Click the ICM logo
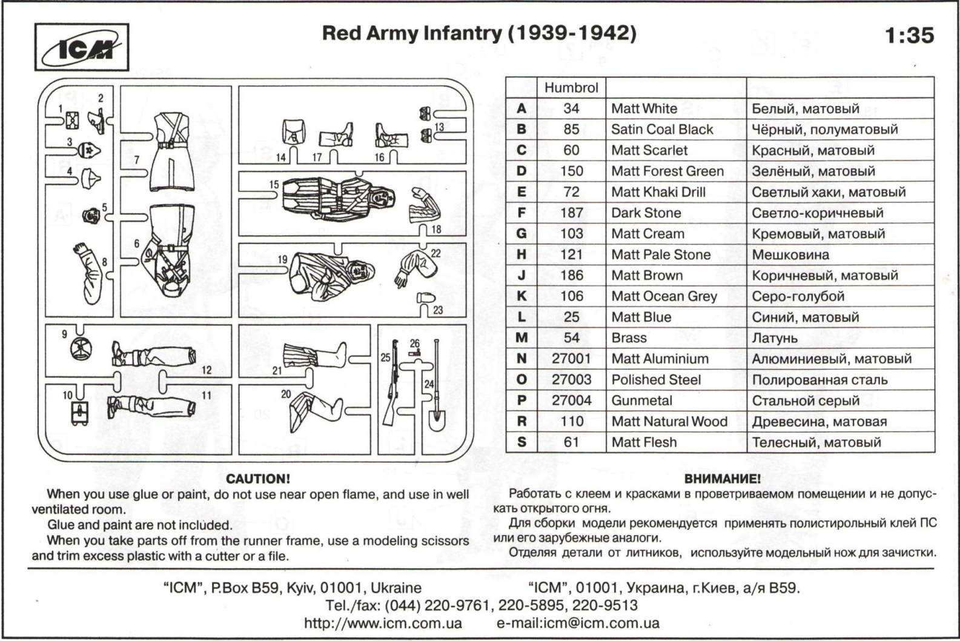pos(81,47)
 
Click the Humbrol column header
pos(571,88)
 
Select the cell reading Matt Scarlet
pos(649,150)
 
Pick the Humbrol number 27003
pos(571,380)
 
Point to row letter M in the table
pos(521,338)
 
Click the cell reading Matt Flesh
pos(643,442)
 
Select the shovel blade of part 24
pos(435,418)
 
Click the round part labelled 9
pos(81,349)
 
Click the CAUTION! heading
pos(258,479)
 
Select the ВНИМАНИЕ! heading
pos(722,479)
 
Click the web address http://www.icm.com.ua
pos(383,623)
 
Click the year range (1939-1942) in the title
pos(572,33)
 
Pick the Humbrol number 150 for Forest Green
pos(571,171)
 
